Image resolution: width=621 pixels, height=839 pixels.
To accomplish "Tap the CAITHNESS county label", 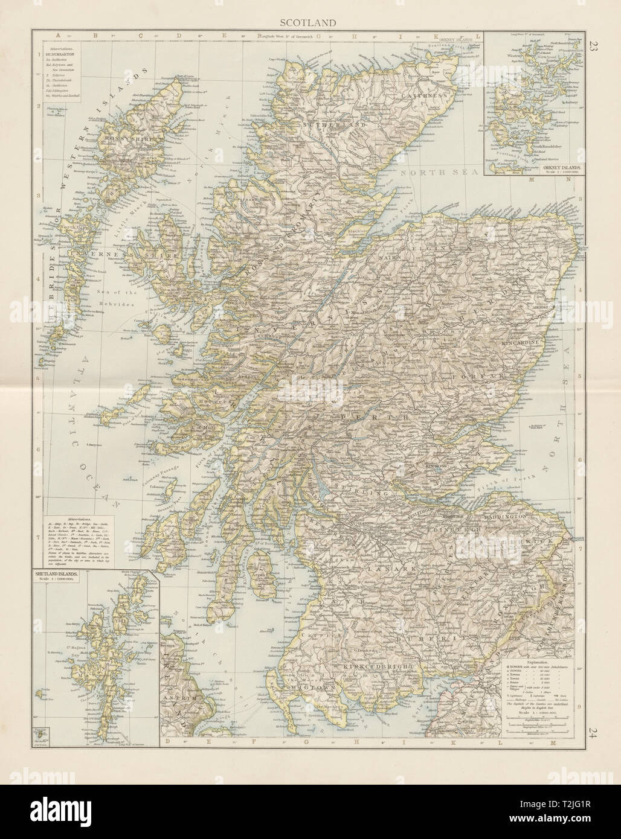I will [427, 96].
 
